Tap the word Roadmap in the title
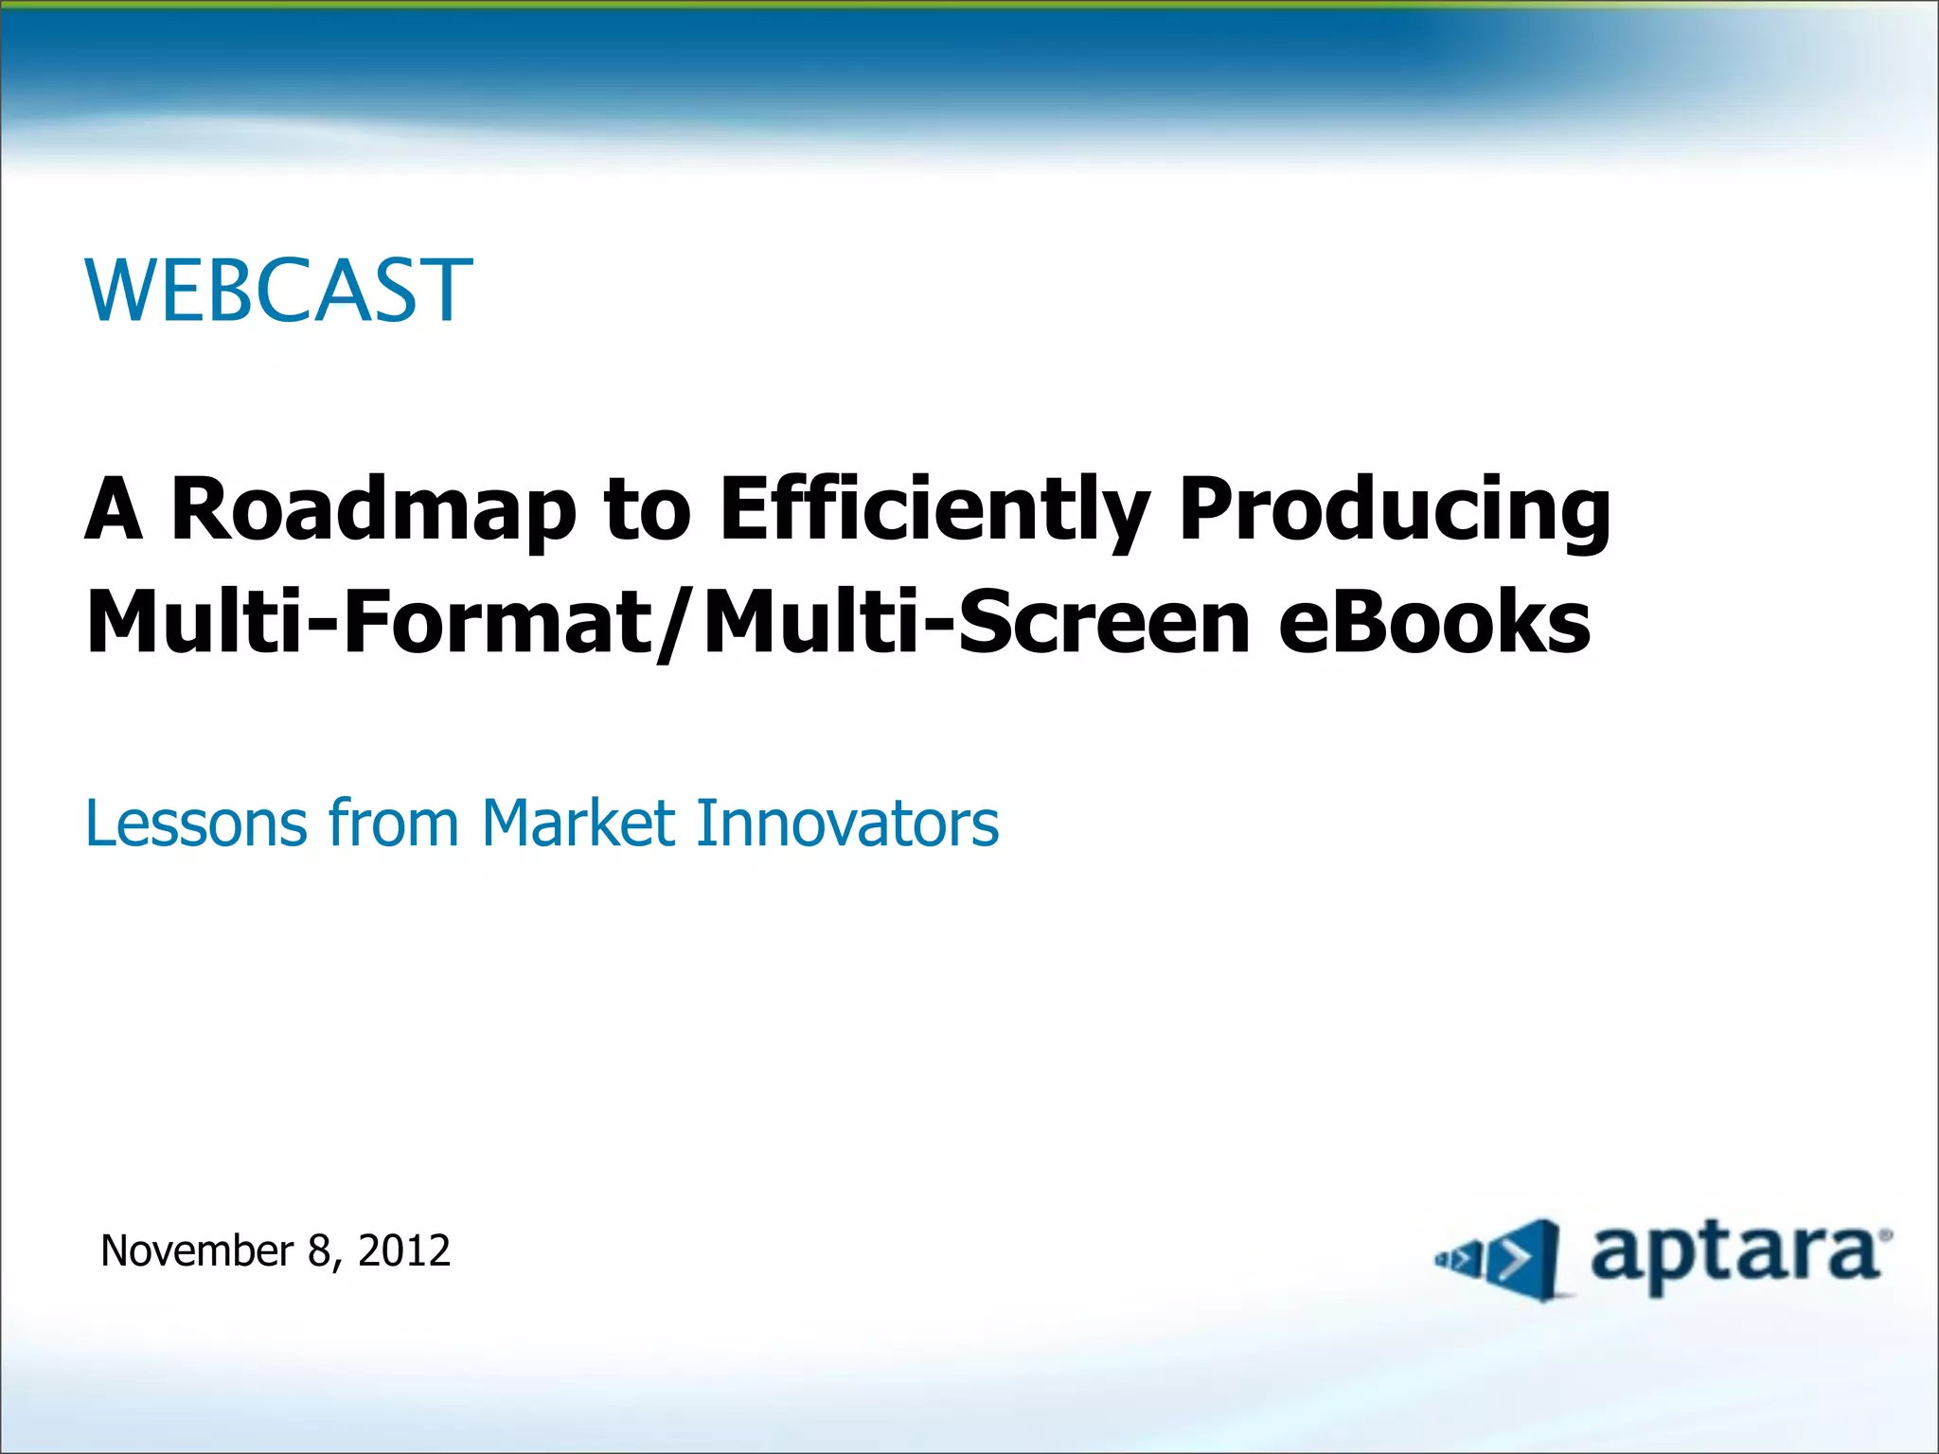click(x=373, y=510)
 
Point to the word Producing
click(x=1394, y=510)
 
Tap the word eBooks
click(x=1434, y=622)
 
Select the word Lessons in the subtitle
click(x=197, y=823)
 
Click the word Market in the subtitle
click(x=578, y=823)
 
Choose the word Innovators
click(x=847, y=823)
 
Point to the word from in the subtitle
click(x=394, y=823)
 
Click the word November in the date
click(x=197, y=1251)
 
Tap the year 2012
click(x=404, y=1251)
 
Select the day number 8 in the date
click(x=318, y=1251)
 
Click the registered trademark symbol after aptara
click(x=1887, y=1234)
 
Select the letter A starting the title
click(x=114, y=510)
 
